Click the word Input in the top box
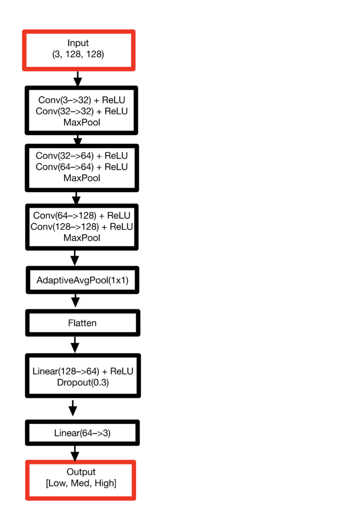78,43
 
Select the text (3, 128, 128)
78,54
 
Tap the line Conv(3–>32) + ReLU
81,100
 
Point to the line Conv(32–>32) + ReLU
81,111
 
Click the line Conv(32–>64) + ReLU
81,156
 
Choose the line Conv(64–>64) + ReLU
81,167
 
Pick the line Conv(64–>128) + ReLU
81,215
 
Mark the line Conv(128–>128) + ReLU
81,226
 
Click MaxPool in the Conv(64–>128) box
81,237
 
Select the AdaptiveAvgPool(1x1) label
82,280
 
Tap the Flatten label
82,323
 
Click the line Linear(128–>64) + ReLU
83,371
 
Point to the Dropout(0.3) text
83,382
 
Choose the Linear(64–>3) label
82,433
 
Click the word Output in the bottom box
81,472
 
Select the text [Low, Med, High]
81,483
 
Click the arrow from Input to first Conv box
77,78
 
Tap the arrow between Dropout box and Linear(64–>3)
73,408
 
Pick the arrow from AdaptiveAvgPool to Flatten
75,300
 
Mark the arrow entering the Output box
75,453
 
